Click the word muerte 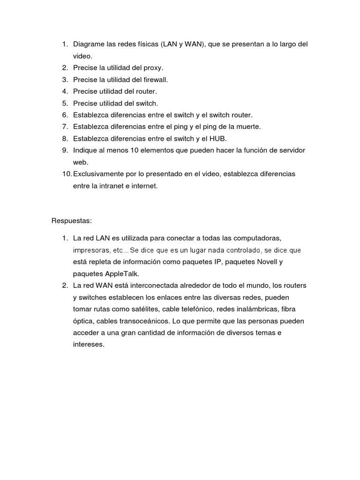click(x=247, y=127)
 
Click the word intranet click(x=108, y=186)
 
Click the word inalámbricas click(x=255, y=309)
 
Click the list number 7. click(x=65, y=127)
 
